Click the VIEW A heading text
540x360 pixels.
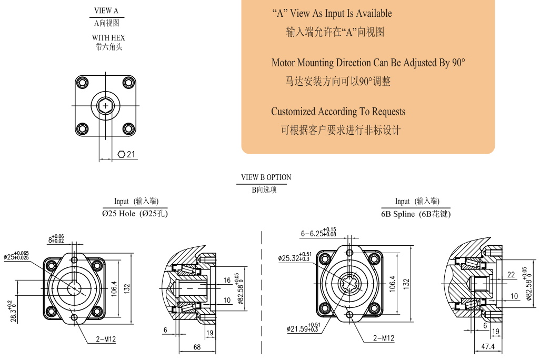pyautogui.click(x=106, y=11)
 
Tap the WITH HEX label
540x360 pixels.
pyautogui.click(x=108, y=38)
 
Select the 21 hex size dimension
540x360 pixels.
pyautogui.click(x=131, y=154)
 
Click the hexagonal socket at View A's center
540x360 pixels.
pyautogui.click(x=106, y=106)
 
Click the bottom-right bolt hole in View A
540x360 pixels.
pyautogui.click(x=129, y=128)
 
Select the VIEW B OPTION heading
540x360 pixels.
pyautogui.click(x=266, y=177)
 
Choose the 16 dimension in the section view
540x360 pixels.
pyautogui.click(x=227, y=281)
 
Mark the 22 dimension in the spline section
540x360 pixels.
pyautogui.click(x=511, y=275)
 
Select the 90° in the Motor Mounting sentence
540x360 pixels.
pyautogui.click(x=458, y=63)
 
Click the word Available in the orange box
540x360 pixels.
pyautogui.click(x=374, y=13)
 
